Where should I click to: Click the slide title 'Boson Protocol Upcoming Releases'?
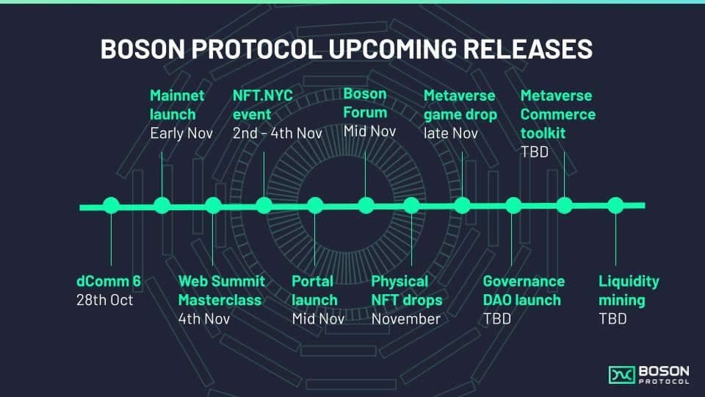(x=346, y=49)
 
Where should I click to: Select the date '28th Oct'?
(x=105, y=300)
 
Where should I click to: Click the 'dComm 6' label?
(x=108, y=281)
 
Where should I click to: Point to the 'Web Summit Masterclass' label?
(x=221, y=290)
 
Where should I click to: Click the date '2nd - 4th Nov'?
(x=277, y=133)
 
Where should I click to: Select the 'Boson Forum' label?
(x=365, y=104)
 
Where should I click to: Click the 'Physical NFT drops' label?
(x=406, y=290)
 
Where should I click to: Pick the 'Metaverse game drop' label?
(x=460, y=105)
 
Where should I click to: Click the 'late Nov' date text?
(x=450, y=133)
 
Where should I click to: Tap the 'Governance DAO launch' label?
(x=524, y=290)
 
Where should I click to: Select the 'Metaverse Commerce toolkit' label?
(x=557, y=114)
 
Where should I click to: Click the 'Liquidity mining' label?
(x=629, y=290)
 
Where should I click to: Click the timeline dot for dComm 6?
(x=111, y=206)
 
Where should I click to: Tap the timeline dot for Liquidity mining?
(x=615, y=206)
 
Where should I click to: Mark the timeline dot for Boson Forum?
(x=365, y=206)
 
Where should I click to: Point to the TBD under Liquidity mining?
(x=612, y=319)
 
